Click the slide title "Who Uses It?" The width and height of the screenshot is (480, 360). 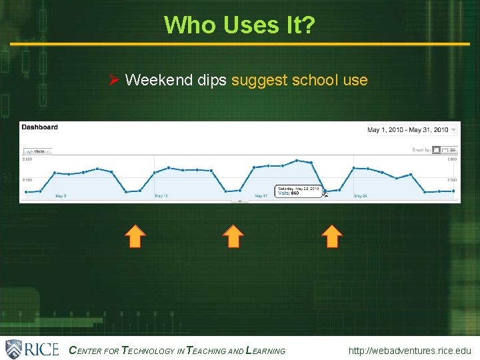click(239, 25)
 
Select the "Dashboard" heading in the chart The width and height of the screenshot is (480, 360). click(39, 127)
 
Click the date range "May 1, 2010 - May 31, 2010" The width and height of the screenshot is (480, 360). click(407, 129)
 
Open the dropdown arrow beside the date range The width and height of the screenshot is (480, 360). click(454, 129)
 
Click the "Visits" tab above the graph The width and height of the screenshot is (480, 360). click(37, 151)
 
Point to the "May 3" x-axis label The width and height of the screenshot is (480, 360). click(60, 196)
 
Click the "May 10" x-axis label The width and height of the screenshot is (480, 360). click(161, 196)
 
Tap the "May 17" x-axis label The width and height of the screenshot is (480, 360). click(261, 196)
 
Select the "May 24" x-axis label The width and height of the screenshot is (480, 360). click(361, 196)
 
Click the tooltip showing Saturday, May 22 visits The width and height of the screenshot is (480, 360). click(298, 191)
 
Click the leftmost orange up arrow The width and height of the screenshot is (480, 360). click(135, 236)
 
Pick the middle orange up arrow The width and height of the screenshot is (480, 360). click(233, 236)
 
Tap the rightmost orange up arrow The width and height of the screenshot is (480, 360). click(331, 236)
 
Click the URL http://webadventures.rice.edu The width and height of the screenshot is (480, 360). click(409, 350)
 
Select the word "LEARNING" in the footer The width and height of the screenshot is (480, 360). click(266, 351)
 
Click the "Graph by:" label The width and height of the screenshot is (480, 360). click(421, 150)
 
